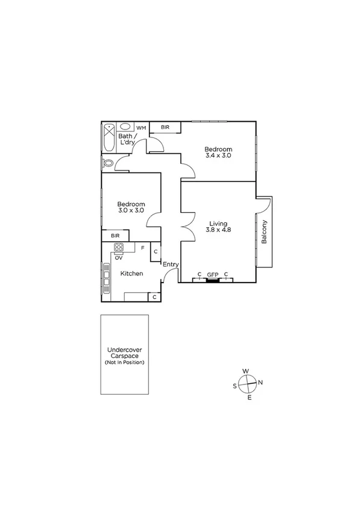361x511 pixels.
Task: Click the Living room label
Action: (218, 223)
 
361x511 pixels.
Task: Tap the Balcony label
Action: (265, 232)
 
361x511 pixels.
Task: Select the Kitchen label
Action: (131, 274)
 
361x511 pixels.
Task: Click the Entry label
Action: (171, 265)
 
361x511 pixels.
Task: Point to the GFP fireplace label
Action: (212, 275)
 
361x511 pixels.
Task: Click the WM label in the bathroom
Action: (141, 128)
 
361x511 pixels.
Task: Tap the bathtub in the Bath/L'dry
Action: (109, 138)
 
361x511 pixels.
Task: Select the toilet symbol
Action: (108, 163)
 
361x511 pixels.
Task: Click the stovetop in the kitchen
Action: (119, 247)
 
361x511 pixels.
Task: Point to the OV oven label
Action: (119, 258)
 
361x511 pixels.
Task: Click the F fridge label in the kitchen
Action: (142, 247)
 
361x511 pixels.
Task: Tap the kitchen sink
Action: (107, 280)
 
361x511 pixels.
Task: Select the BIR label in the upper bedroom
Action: (165, 127)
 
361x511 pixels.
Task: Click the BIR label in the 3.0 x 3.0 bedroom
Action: (114, 236)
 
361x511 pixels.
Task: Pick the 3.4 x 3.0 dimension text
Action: (218, 155)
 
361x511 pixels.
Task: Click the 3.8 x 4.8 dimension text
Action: (218, 230)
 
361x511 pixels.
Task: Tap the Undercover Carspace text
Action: (124, 353)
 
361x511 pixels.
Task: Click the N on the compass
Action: (260, 382)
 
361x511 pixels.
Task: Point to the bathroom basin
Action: (126, 127)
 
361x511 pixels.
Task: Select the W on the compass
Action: (246, 371)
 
